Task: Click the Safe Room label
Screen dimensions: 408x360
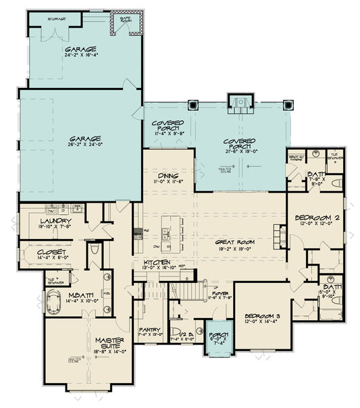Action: [125, 19]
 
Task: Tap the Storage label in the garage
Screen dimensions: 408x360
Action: [58, 19]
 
